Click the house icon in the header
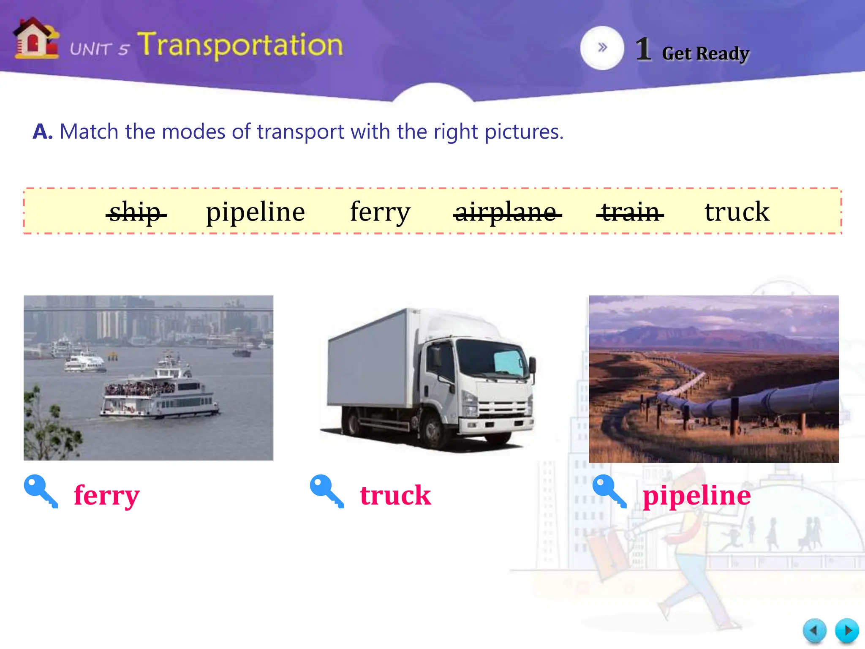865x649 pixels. point(36,39)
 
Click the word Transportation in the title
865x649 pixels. point(240,45)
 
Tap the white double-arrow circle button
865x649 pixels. point(602,48)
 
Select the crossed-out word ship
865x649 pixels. point(136,212)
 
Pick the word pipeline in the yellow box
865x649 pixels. point(256,212)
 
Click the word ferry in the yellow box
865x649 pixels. point(380,212)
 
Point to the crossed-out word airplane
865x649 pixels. point(507,212)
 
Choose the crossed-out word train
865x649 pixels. point(630,212)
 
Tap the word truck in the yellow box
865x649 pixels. point(737,212)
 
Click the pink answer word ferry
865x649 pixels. point(106,495)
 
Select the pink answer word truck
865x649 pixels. point(395,495)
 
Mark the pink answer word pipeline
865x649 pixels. point(696,495)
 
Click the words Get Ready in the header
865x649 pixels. point(705,54)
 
